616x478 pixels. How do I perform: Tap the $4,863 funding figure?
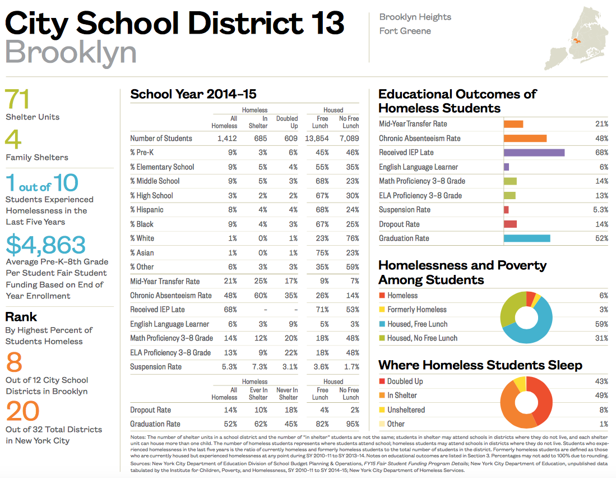click(46, 245)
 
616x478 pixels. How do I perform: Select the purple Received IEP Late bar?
click(534, 153)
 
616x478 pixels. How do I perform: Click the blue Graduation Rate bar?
click(526, 238)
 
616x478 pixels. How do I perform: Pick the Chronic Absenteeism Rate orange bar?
click(525, 138)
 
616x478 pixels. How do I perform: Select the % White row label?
click(142, 238)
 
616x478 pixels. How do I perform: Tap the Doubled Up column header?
click(286, 122)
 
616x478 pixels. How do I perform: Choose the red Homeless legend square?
click(382, 296)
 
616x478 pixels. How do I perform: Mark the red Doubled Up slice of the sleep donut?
click(541, 398)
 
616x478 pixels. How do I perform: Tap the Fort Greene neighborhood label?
click(405, 31)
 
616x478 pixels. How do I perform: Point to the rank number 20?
click(23, 412)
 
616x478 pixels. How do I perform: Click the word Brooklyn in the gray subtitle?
click(71, 52)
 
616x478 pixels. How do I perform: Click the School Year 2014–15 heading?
click(193, 94)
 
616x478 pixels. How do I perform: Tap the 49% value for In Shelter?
click(601, 396)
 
